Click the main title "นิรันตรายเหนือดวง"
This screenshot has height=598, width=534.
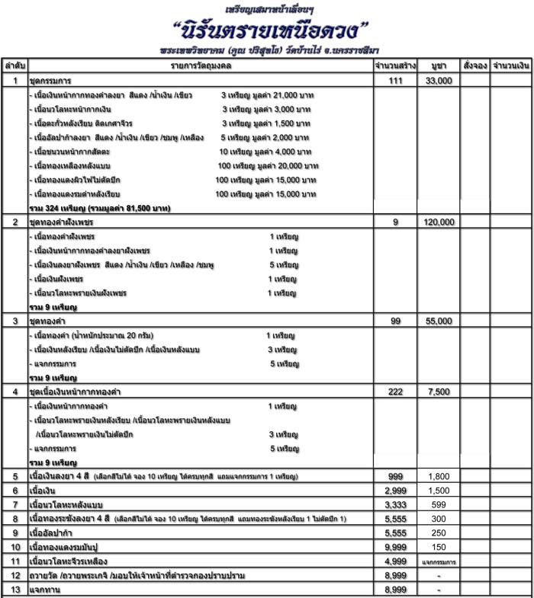(271, 32)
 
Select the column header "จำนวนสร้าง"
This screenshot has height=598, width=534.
(394, 66)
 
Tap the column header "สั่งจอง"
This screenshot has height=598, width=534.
(474, 66)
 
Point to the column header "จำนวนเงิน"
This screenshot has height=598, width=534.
(511, 66)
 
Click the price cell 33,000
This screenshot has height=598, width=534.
(439, 80)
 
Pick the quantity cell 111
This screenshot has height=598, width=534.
(395, 80)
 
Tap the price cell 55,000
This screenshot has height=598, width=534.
(439, 321)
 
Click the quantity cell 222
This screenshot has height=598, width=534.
(395, 391)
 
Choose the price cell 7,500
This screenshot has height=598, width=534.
(439, 391)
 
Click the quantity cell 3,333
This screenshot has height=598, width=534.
(395, 504)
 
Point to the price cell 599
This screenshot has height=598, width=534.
(439, 504)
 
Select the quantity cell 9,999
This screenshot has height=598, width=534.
(395, 547)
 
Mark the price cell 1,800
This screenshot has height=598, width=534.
(439, 476)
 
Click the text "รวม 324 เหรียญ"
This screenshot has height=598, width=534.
(57, 207)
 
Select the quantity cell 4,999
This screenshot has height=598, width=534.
(395, 561)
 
